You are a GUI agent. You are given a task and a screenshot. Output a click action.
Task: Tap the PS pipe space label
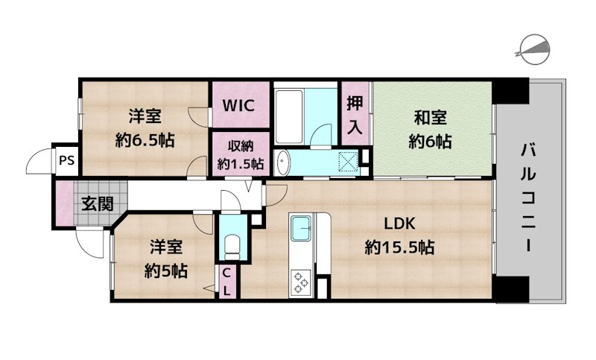66,160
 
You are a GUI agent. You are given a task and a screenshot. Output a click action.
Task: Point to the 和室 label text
431,117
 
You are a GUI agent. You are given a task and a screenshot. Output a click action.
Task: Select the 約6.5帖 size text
145,139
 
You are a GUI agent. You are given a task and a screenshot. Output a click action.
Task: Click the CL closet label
226,282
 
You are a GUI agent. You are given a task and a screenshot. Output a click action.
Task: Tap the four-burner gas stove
302,280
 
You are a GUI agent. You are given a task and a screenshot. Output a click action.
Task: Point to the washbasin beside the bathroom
282,162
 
